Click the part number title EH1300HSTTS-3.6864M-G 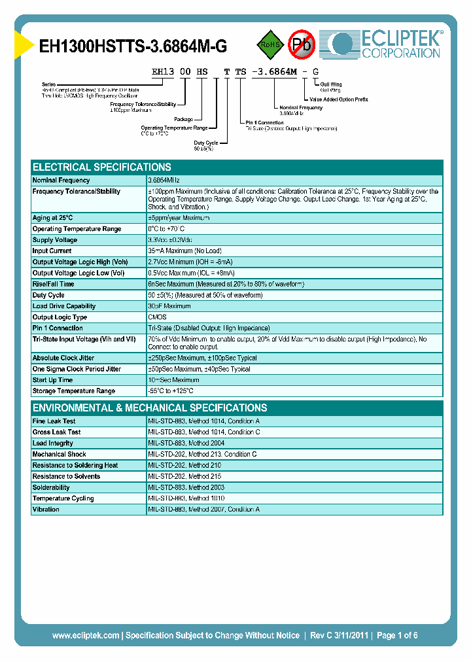133,46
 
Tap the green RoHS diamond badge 270,44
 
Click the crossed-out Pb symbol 302,44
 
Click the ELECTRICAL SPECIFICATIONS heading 102,167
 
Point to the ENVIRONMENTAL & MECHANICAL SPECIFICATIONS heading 150,408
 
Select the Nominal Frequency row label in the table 61,180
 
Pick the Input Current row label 53,251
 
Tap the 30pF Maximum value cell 169,306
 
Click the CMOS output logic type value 158,317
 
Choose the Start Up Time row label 53,380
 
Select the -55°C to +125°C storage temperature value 171,391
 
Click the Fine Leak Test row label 54,421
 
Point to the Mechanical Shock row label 59,454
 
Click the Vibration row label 46,510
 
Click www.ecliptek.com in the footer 86,635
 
